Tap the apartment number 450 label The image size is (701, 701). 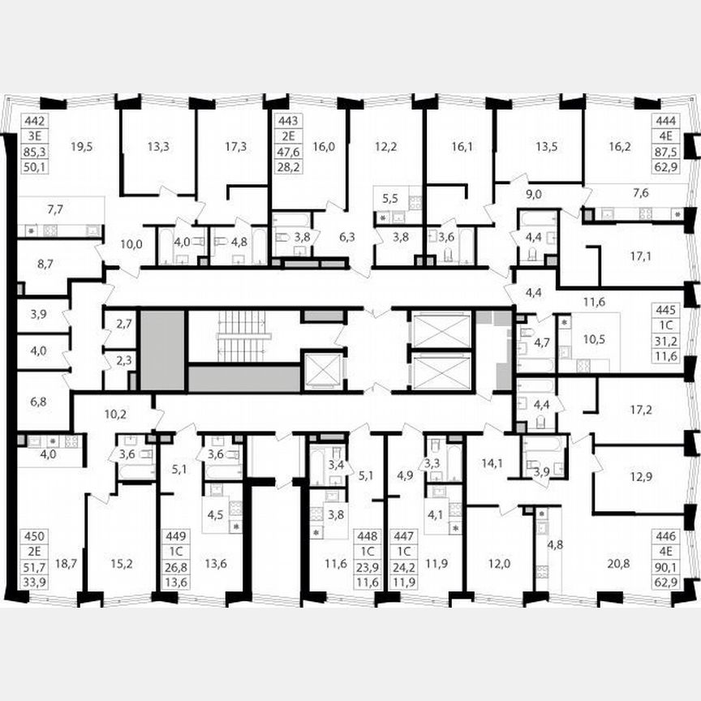click(x=32, y=535)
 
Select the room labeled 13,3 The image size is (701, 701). click(x=157, y=147)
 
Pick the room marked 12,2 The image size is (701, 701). click(x=385, y=147)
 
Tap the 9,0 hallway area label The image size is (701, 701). click(x=533, y=194)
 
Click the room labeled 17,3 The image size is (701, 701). click(x=235, y=147)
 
